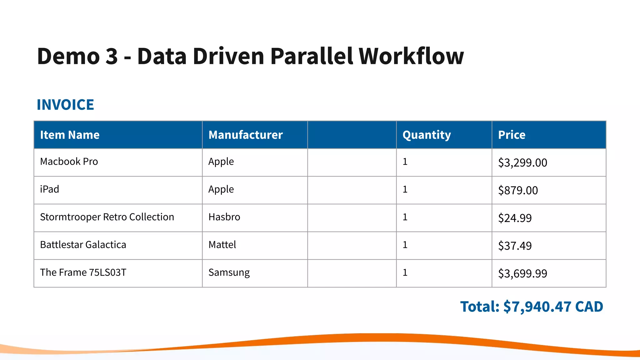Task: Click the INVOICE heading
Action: pos(65,105)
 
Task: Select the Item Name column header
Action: pos(70,135)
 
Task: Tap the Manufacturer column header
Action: pos(245,135)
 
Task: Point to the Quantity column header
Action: pos(427,135)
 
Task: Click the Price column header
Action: pos(512,135)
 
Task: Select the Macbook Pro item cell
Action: pos(69,162)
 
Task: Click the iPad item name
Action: pos(49,189)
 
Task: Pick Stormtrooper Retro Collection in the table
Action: pos(107,217)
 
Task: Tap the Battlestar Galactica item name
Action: pos(83,245)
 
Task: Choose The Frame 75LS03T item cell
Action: pos(83,272)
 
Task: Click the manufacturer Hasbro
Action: pos(224,217)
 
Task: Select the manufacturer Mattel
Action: pos(222,245)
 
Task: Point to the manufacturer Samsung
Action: pos(229,272)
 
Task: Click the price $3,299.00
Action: pos(522,163)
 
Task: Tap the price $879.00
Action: pos(518,190)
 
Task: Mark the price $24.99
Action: pos(515,218)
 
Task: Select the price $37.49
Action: pos(515,246)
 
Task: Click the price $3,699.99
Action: pos(522,274)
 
